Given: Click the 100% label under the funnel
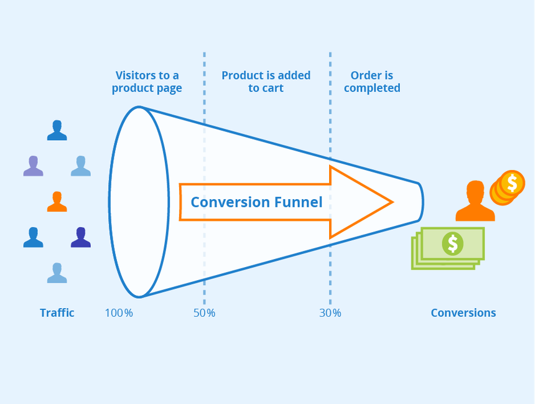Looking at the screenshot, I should click(119, 312).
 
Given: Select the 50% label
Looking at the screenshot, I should click(204, 312).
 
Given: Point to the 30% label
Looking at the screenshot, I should click(330, 312).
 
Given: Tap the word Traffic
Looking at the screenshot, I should click(57, 312).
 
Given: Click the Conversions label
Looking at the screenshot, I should click(463, 312).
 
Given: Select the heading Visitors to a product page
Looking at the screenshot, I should click(147, 82).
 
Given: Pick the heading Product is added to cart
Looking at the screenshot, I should click(266, 82).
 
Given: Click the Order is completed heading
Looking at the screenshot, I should click(372, 82).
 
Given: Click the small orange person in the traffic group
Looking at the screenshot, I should click(57, 201).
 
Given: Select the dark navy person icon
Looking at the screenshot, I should click(81, 237).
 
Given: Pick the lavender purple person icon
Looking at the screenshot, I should click(33, 166).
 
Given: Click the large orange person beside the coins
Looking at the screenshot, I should click(475, 202).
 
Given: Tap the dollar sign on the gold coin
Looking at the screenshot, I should click(512, 183).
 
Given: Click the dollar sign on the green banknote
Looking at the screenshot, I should click(452, 243).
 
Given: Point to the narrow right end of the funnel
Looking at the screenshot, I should click(421, 202).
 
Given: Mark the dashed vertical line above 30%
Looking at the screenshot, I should click(330, 124).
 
